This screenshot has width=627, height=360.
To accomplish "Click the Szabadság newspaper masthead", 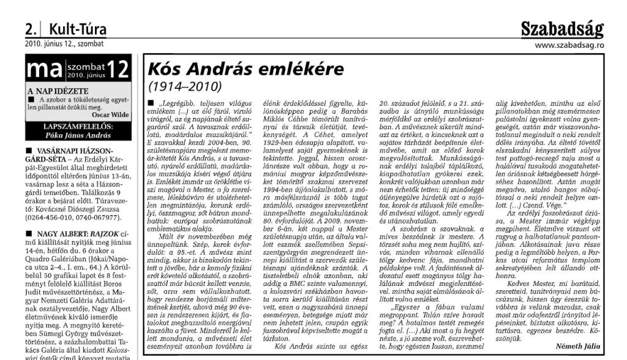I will [x=561, y=28].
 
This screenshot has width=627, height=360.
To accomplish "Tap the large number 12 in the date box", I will [x=118, y=69].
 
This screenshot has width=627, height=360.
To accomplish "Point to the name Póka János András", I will [x=77, y=134].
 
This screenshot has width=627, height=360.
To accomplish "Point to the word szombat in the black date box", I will [x=84, y=64].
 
